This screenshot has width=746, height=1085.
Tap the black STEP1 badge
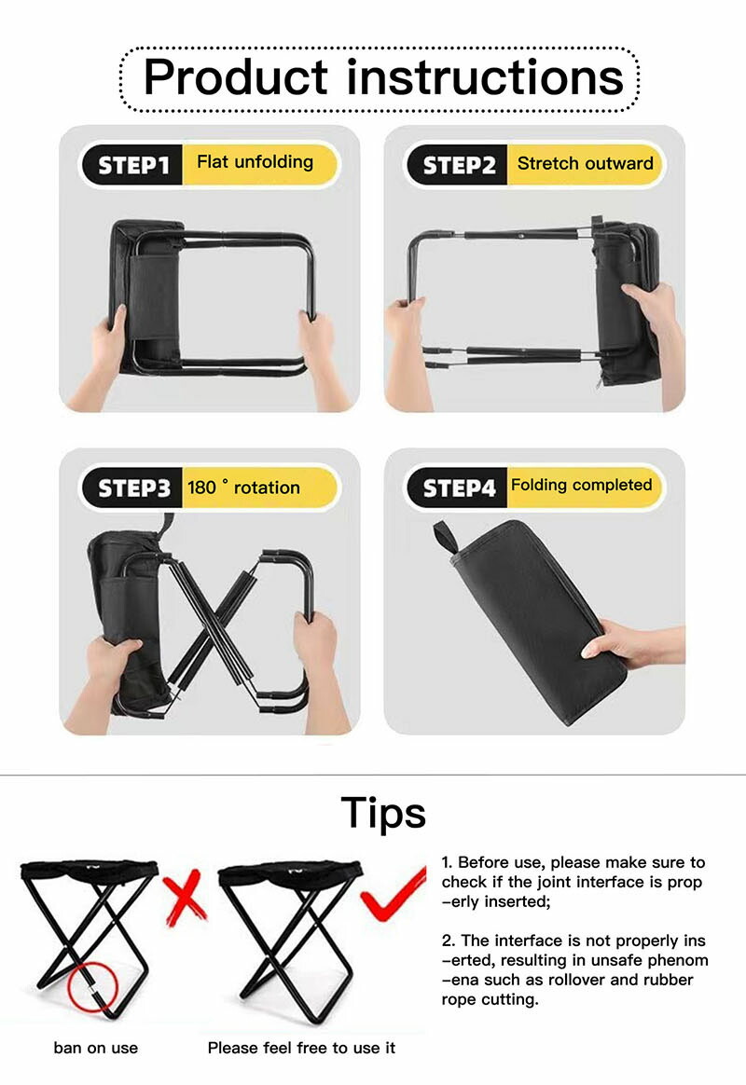(132, 165)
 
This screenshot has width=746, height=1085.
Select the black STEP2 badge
(458, 165)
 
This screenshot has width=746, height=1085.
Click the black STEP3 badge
(132, 488)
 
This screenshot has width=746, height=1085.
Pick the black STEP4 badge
(458, 488)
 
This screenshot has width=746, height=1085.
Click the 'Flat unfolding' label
(255, 162)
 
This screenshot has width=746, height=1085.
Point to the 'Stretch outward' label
(585, 163)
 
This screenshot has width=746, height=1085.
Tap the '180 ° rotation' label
(243, 488)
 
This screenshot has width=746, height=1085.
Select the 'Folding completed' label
(581, 485)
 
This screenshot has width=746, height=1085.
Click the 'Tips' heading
(383, 813)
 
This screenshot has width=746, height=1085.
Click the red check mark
(394, 895)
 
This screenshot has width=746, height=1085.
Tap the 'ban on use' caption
(95, 1048)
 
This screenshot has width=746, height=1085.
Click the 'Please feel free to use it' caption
(301, 1048)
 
